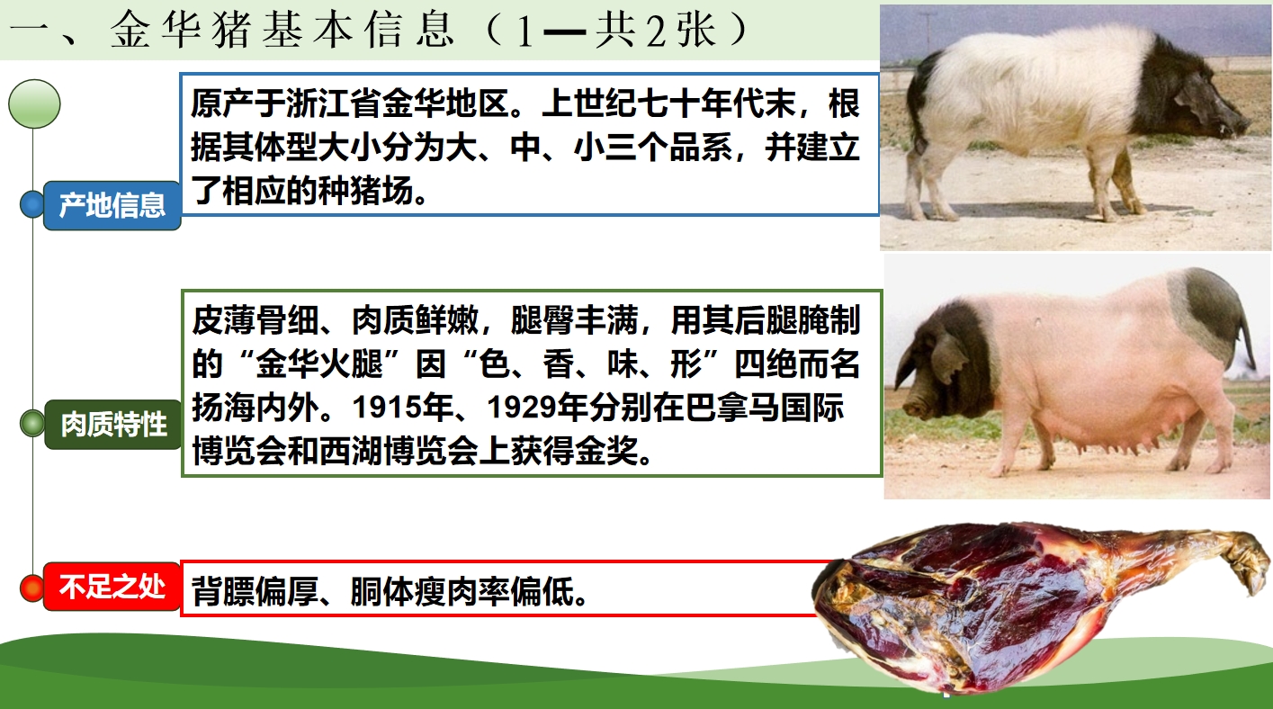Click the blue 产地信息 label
(112, 205)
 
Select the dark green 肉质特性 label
(112, 425)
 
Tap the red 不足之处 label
(112, 587)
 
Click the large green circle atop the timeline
(34, 103)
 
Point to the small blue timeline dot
(31, 204)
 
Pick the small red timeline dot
(31, 588)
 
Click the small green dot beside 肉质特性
(32, 424)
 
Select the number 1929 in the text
(521, 407)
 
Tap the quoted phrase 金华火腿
(319, 363)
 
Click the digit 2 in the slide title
(656, 31)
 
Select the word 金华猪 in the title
(181, 30)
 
